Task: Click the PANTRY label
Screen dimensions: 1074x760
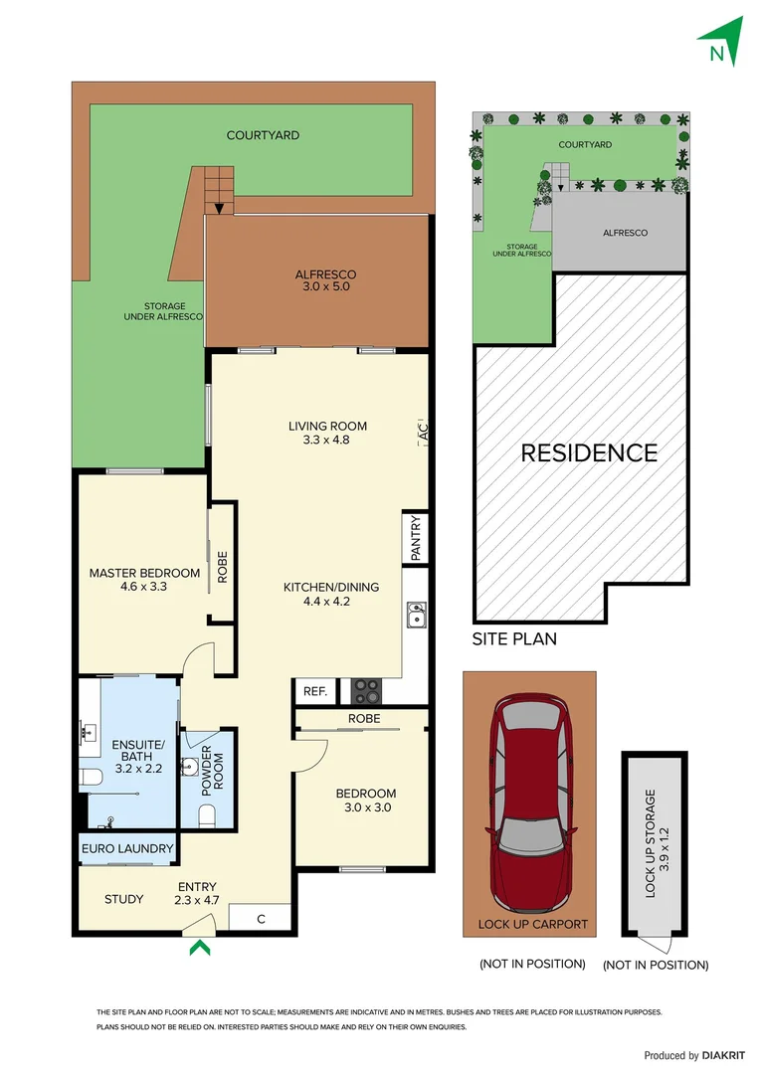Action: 416,538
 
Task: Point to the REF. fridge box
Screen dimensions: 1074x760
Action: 315,691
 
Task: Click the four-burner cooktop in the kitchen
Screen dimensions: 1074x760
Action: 364,690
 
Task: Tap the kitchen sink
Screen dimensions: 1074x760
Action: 416,617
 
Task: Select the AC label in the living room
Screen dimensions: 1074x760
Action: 422,433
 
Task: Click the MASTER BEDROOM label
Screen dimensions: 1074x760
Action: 144,573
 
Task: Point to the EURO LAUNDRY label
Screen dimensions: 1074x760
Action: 127,849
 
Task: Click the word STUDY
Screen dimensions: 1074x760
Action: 124,899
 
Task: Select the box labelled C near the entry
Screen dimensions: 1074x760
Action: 261,919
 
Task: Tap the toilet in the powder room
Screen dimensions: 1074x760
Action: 208,814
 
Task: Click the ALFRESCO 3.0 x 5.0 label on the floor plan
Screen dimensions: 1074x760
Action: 324,280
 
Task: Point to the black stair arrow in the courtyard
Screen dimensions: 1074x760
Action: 218,208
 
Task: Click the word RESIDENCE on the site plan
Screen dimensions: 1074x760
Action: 589,453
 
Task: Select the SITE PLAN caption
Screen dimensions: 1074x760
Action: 514,639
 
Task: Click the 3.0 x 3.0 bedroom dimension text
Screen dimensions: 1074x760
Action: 365,807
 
